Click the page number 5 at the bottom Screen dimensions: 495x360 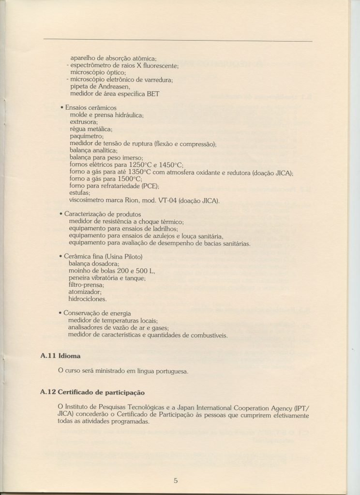click(x=176, y=480)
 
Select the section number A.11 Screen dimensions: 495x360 click(x=48, y=356)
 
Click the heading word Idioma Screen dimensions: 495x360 click(x=69, y=356)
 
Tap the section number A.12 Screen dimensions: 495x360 click(x=48, y=392)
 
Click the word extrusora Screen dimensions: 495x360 click(x=83, y=122)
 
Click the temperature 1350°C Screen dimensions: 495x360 click(x=142, y=172)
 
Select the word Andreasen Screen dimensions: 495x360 click(x=107, y=86)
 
